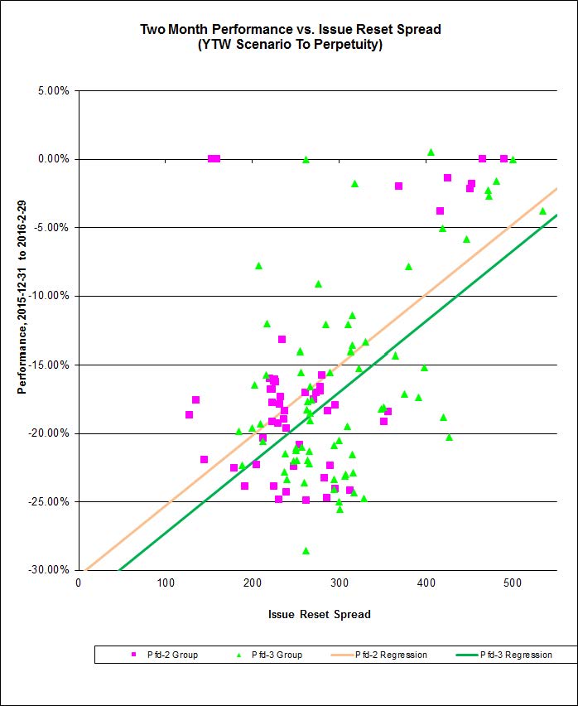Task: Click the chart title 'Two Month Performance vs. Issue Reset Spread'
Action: click(x=290, y=29)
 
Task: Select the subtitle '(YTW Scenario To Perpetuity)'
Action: click(x=290, y=45)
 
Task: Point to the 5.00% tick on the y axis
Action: click(x=51, y=90)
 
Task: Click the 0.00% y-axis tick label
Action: click(x=51, y=158)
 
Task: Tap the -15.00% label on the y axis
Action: click(x=49, y=364)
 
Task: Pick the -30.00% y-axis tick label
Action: click(x=49, y=570)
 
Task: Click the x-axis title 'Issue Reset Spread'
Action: click(x=319, y=614)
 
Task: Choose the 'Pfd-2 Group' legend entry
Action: click(x=166, y=655)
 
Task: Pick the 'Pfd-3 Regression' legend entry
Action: click(x=505, y=655)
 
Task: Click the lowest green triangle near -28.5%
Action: click(x=306, y=550)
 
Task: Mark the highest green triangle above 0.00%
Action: click(x=431, y=152)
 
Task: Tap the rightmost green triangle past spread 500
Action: click(x=542, y=210)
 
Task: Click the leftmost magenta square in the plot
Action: click(x=189, y=414)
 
